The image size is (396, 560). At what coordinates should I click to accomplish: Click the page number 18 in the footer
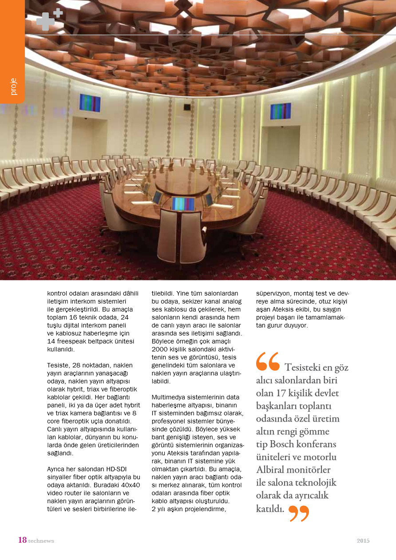(22, 540)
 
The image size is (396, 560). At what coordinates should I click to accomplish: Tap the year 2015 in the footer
(363, 540)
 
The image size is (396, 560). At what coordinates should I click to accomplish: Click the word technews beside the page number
(41, 541)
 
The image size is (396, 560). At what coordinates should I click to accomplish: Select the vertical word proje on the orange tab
(13, 87)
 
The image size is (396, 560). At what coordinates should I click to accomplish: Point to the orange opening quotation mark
(268, 361)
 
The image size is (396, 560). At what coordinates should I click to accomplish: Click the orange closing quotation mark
(298, 513)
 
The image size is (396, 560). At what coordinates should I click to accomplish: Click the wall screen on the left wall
(90, 103)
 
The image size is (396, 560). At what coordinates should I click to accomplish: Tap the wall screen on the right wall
(280, 111)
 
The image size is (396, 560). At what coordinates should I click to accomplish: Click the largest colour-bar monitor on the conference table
(183, 204)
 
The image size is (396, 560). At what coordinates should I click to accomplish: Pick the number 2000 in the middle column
(160, 349)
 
